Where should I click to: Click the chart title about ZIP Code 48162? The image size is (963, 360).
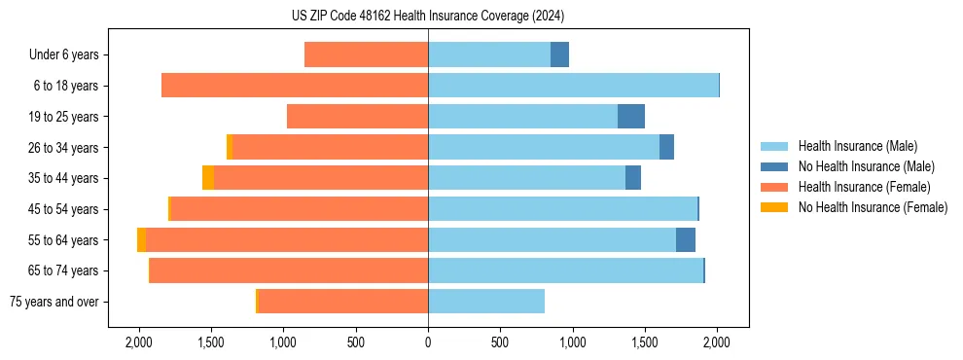(427, 17)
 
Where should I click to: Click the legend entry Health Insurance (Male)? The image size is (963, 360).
(857, 146)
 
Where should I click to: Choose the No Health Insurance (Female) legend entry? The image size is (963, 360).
(873, 206)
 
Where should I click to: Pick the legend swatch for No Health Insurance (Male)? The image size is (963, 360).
(774, 166)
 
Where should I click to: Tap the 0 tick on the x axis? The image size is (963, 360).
(428, 342)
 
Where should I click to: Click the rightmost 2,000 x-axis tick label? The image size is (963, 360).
(717, 342)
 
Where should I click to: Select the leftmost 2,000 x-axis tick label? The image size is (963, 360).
(139, 342)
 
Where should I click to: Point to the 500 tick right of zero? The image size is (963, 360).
(500, 342)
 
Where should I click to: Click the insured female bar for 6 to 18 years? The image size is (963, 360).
(295, 86)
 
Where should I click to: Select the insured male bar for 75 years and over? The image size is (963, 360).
(486, 302)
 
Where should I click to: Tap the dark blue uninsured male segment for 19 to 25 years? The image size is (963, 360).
(631, 117)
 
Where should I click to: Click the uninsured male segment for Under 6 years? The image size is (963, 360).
(559, 54)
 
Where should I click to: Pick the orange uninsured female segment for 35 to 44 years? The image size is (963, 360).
(208, 178)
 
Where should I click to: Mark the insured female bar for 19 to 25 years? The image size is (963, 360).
(357, 117)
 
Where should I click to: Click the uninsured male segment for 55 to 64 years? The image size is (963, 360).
(686, 240)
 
